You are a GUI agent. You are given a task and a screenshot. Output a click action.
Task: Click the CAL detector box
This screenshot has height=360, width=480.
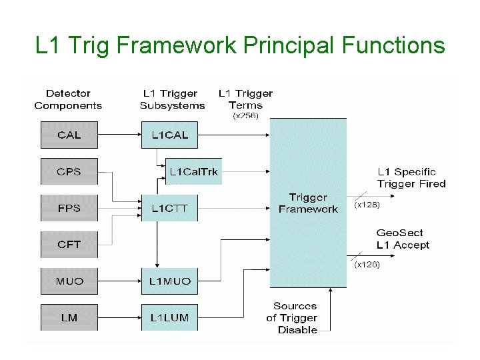[x=69, y=135]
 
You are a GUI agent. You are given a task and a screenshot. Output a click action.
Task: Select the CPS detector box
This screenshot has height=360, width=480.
[x=69, y=171]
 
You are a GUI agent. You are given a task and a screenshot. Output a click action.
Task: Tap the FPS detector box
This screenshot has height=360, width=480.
[x=69, y=208]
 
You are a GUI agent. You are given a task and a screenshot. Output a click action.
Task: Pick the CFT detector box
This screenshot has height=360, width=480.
[x=69, y=245]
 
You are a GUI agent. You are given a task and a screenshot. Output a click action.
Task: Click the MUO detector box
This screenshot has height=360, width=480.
[x=69, y=281]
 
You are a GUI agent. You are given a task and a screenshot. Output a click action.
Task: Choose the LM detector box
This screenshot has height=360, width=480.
[x=69, y=317]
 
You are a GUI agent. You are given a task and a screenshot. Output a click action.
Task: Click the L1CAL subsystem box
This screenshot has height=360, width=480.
[x=169, y=135]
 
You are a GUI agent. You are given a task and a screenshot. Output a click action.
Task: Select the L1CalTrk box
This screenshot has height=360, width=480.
[x=193, y=172]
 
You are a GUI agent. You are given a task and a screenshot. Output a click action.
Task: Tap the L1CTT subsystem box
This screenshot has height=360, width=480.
[x=169, y=208]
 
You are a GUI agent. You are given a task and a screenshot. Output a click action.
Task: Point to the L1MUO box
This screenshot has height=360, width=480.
[x=169, y=281]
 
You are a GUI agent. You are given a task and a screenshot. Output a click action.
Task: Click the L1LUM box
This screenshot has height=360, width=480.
[x=169, y=317]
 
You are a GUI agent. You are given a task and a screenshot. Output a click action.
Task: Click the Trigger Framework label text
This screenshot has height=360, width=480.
[x=308, y=203]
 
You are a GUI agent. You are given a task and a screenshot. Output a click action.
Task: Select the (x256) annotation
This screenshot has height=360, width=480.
[x=246, y=115]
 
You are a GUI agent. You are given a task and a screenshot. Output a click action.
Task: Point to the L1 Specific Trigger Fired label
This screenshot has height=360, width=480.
[x=411, y=178]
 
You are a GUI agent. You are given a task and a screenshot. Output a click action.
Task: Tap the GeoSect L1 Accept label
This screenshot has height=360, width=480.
[x=403, y=239]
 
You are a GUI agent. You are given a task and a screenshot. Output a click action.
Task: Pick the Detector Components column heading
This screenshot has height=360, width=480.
[x=68, y=99]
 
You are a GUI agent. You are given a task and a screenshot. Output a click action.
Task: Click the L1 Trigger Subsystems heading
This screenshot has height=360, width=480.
[x=173, y=99]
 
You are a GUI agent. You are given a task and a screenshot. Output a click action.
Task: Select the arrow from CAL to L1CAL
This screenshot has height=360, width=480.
[x=119, y=135]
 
